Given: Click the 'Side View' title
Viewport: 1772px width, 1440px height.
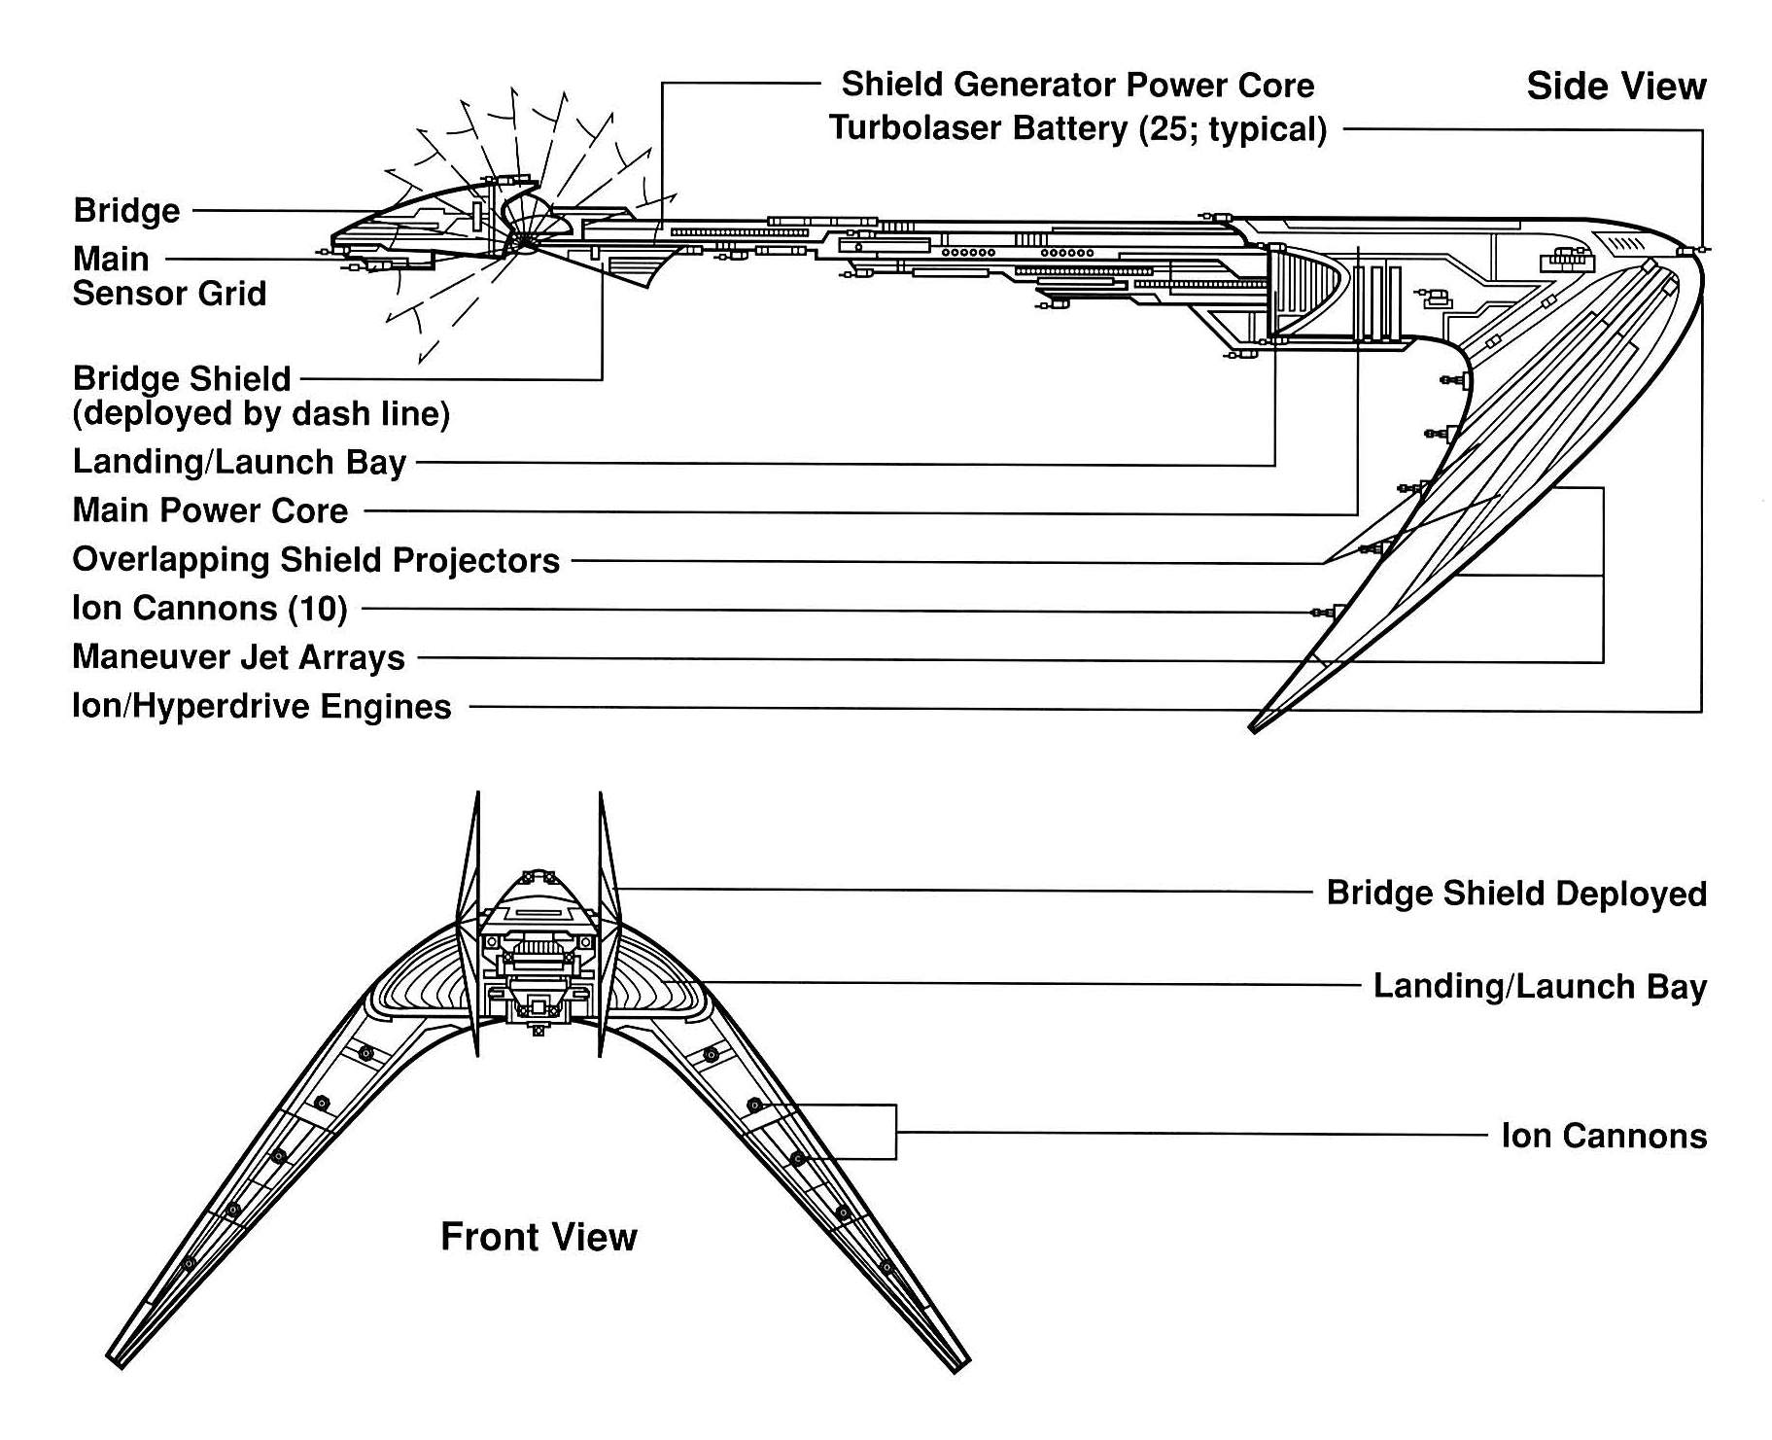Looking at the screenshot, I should [x=1615, y=87].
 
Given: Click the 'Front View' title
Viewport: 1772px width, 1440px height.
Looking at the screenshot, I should [x=539, y=1237].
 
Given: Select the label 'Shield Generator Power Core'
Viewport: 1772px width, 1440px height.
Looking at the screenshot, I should [x=1077, y=85].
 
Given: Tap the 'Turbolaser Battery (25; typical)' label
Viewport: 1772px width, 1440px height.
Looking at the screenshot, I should [x=1077, y=128].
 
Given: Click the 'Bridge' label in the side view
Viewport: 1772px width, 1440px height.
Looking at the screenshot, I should [x=126, y=211].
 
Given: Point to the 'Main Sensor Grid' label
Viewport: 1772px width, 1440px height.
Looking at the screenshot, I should [x=168, y=276].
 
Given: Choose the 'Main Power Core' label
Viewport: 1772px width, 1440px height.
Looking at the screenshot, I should [x=210, y=510].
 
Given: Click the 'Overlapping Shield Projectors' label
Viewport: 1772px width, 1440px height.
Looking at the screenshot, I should [x=316, y=560].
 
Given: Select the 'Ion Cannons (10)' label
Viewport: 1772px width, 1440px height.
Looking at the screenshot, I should [x=209, y=609].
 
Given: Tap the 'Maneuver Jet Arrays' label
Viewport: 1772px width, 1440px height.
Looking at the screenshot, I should [x=238, y=657].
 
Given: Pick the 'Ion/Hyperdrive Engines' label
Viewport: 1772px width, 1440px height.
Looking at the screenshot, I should [x=261, y=707].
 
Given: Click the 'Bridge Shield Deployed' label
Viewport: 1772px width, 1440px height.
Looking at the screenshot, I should [x=1515, y=894].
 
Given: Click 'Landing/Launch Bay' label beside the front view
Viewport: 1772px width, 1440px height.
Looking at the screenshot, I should [x=1539, y=987].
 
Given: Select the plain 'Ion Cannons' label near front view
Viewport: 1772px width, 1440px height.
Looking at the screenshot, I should [x=1603, y=1136].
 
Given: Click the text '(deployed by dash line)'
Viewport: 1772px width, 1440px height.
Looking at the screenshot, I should [x=261, y=414].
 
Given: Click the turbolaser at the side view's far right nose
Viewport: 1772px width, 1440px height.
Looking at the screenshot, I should [x=1693, y=251].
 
